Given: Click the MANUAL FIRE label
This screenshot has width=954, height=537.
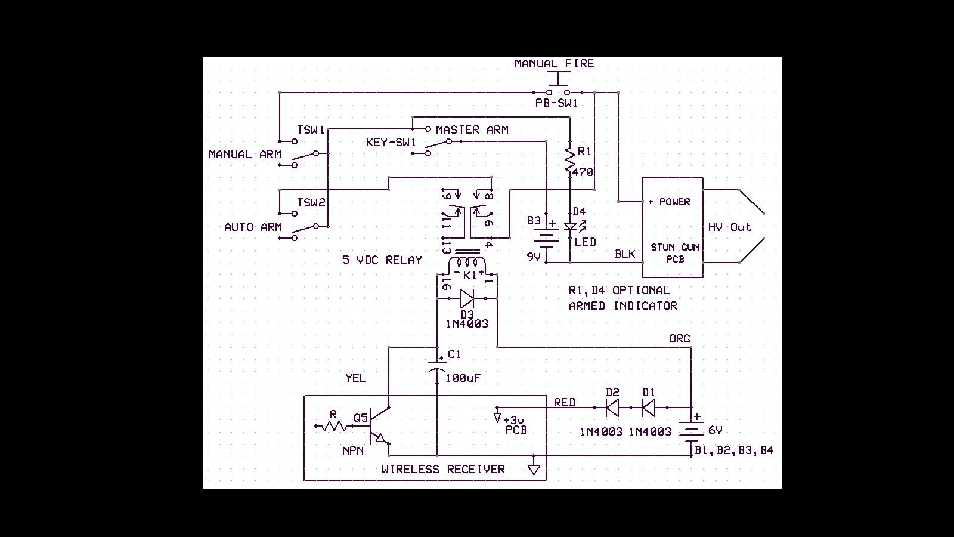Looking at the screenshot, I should (554, 64).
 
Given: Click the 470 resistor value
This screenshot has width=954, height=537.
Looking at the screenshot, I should (583, 172).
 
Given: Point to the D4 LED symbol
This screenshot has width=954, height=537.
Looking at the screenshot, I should (571, 227).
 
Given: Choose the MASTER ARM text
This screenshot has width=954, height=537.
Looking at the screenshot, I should (472, 129).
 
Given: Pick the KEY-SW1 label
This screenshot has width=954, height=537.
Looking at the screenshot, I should (391, 143).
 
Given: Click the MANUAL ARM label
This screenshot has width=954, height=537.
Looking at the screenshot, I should (244, 155).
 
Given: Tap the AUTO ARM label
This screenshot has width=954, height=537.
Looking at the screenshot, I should (253, 227).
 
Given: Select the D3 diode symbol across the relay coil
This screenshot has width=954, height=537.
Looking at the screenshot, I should (467, 298).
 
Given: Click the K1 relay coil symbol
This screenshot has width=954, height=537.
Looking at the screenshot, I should (467, 264).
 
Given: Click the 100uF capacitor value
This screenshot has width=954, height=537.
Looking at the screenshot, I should (463, 378).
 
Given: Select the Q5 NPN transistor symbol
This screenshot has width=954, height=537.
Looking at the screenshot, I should (378, 426).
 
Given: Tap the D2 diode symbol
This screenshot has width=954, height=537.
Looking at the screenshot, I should (612, 408).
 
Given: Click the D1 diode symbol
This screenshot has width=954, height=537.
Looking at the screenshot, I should (649, 408).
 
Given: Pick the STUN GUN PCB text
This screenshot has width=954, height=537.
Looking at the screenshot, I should (675, 253).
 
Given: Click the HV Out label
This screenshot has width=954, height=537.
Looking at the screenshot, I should (729, 227).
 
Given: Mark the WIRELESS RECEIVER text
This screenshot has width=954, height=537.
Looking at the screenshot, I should (443, 470).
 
